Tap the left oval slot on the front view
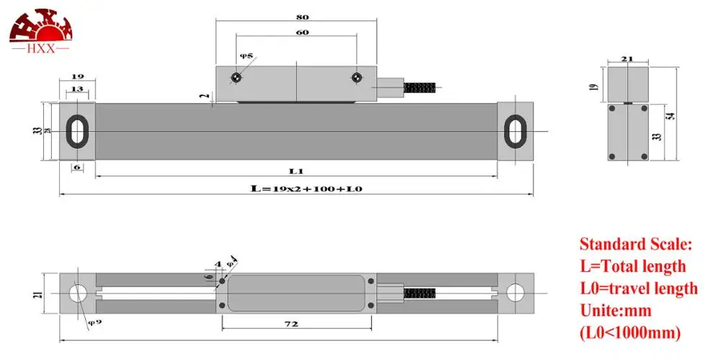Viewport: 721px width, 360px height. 76,131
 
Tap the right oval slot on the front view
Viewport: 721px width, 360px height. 515,131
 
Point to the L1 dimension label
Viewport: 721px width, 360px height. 296,170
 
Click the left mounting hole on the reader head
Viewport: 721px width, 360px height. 236,77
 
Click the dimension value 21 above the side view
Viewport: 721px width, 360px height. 627,60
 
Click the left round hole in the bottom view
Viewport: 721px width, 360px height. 77,293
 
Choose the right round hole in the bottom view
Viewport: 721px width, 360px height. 515,293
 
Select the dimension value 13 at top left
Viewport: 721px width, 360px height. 76,89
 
